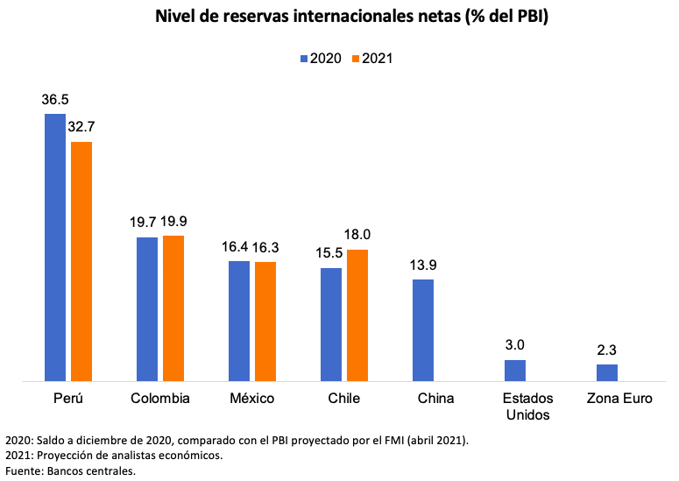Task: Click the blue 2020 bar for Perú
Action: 55,248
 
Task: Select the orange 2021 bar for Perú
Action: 81,261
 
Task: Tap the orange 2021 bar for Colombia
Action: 173,308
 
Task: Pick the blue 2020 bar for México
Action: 239,321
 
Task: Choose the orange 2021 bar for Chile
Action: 357,315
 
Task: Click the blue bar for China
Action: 423,330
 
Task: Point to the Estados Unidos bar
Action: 515,371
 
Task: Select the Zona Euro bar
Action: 607,372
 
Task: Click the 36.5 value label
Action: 55,99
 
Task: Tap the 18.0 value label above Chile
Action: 357,235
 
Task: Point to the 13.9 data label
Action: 424,264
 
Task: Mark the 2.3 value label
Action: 607,350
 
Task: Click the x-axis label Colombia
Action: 160,399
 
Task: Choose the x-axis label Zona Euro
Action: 619,399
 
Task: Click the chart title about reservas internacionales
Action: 339,17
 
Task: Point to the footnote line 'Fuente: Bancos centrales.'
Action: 71,471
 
